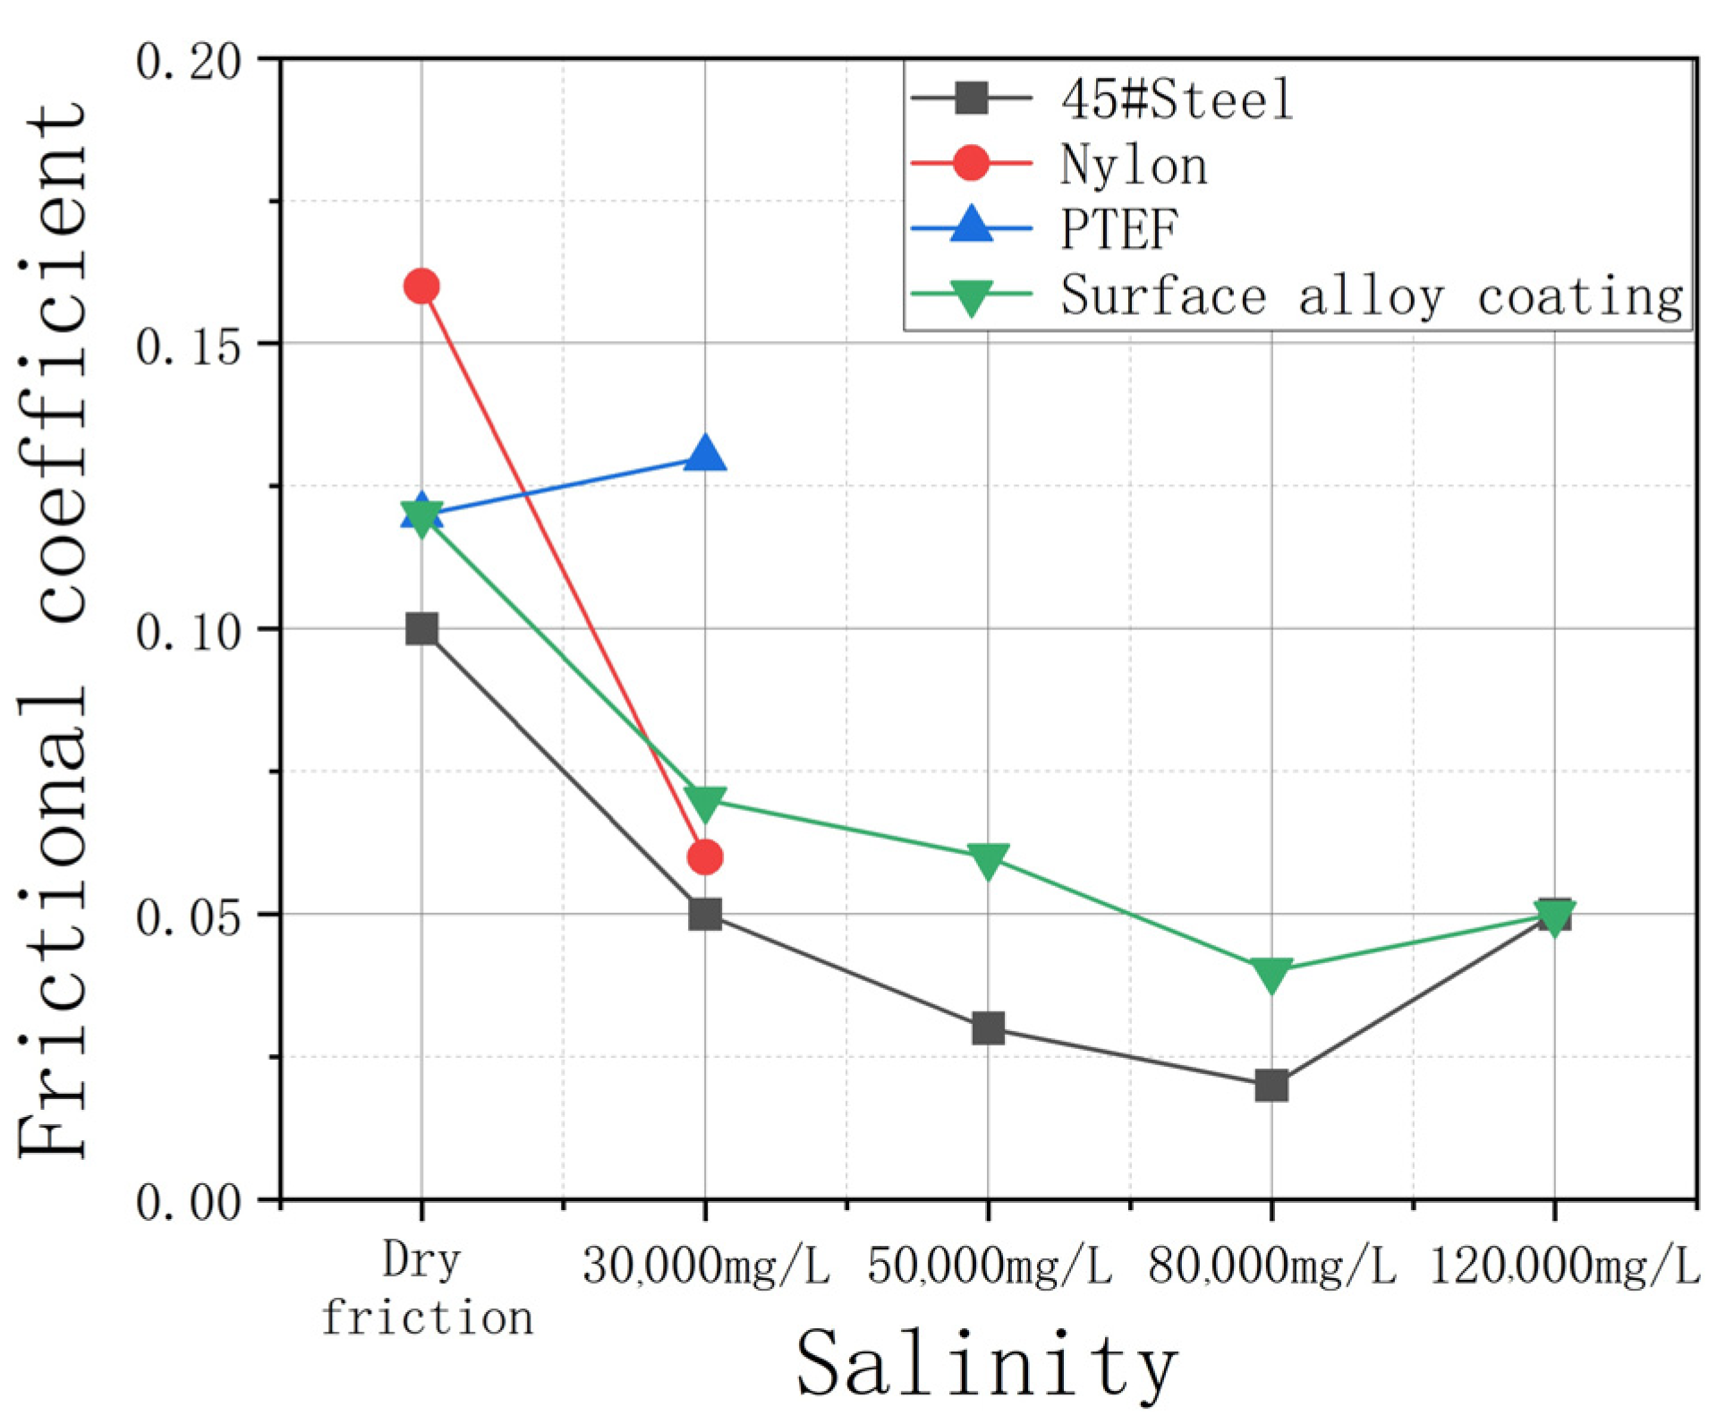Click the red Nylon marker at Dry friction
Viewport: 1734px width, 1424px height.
[421, 286]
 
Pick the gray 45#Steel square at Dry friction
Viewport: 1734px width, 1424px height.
[421, 629]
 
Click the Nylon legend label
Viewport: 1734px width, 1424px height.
[1134, 165]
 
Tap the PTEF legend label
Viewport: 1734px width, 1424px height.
[1119, 229]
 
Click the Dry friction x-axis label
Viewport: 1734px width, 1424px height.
[424, 1289]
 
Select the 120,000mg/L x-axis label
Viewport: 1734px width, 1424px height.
[1563, 1266]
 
